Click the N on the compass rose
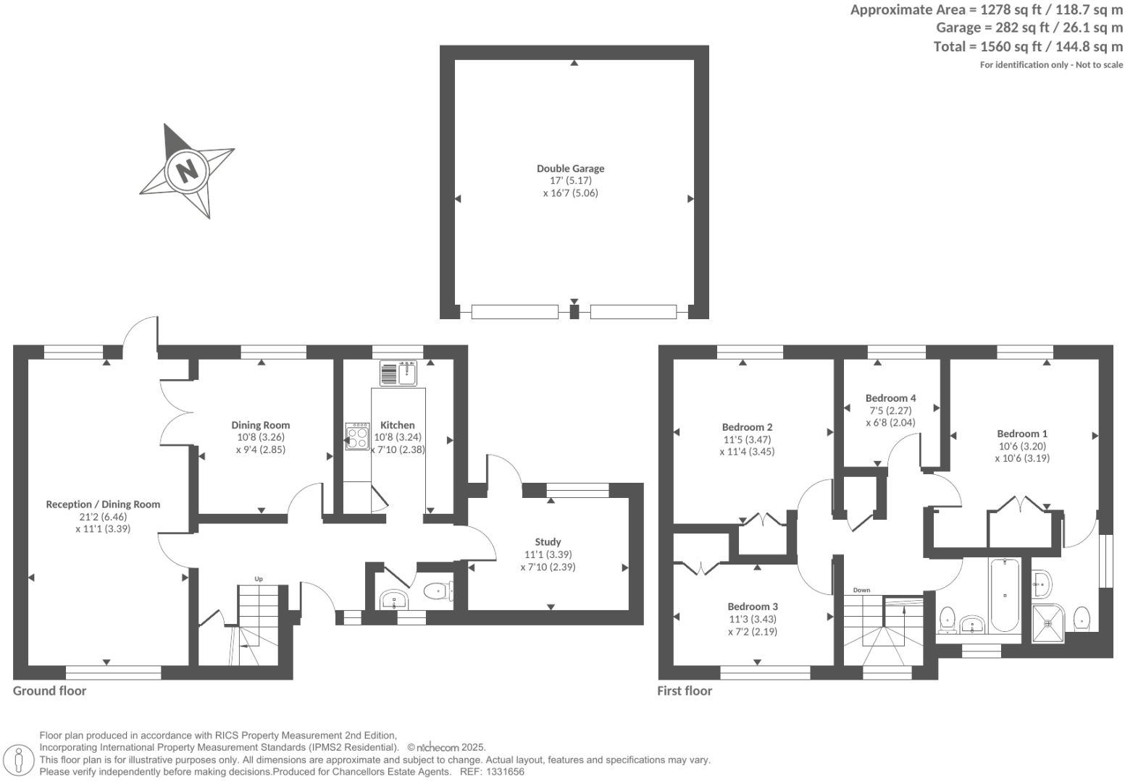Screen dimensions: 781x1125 (x=187, y=171)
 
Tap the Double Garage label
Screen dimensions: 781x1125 (x=570, y=169)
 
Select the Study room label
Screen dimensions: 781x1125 (x=548, y=542)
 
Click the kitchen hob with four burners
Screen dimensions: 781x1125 (x=357, y=437)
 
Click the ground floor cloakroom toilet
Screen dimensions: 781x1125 (x=438, y=591)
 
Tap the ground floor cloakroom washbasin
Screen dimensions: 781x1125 (x=394, y=600)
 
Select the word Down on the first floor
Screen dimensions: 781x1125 (x=861, y=590)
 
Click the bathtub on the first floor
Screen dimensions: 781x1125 (x=1004, y=595)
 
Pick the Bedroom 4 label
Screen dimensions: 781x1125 (x=890, y=398)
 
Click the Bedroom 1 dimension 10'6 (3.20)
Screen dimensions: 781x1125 (x=1021, y=446)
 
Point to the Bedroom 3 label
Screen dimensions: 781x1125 (x=753, y=607)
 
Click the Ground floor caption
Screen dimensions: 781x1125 (x=49, y=691)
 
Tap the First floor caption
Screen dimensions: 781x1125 (x=684, y=691)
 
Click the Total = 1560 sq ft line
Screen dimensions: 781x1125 (x=1027, y=47)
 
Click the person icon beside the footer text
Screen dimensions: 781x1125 (x=20, y=759)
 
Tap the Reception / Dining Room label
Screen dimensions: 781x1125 (x=103, y=505)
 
